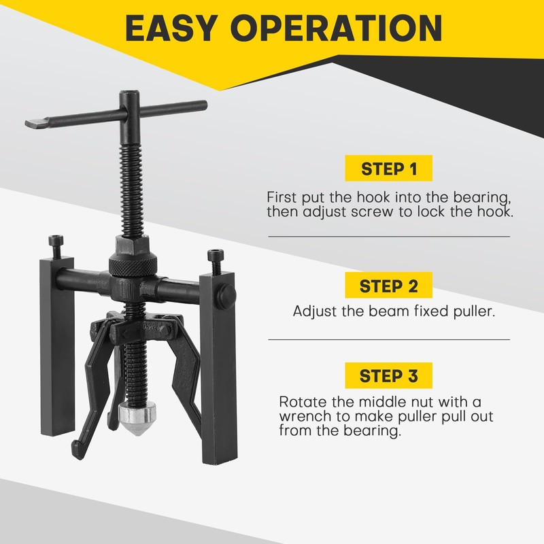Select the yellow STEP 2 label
click(x=388, y=286)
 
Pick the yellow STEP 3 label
click(x=388, y=375)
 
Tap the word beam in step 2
click(x=381, y=311)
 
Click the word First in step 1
click(x=282, y=197)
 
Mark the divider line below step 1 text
click(x=388, y=236)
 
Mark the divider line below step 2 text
click(x=388, y=339)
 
